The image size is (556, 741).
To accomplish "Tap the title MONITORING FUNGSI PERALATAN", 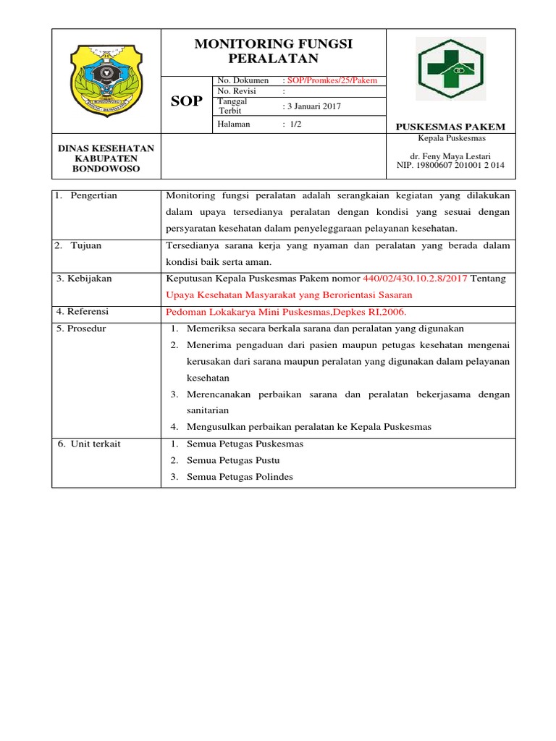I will [x=273, y=51].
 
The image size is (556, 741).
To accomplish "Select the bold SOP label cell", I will [x=186, y=101].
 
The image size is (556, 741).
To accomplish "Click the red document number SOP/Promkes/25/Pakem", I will [x=332, y=80].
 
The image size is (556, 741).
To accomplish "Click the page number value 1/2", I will [x=295, y=124].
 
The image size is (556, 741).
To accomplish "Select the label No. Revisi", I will [x=237, y=92].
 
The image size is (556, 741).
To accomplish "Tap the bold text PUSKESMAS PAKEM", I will [x=450, y=127].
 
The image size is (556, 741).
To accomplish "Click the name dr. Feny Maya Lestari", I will [x=450, y=156].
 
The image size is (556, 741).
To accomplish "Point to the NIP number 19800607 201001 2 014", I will [x=450, y=166].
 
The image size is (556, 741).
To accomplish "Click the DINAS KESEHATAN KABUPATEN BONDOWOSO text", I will [x=106, y=158].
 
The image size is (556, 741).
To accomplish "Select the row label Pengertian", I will [x=93, y=195].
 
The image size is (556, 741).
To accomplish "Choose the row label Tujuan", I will [x=85, y=245].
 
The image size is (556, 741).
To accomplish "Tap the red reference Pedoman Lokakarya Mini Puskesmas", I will [x=287, y=312].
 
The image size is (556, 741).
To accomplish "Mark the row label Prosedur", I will [x=86, y=329].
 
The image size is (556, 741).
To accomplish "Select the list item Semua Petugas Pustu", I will [x=233, y=460].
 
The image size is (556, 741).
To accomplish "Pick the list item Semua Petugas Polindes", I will [x=240, y=477].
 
